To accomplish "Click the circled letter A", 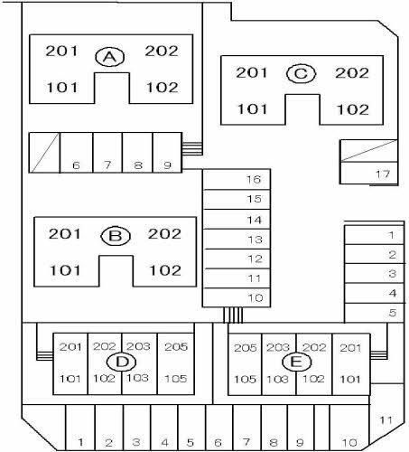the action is click(110, 57).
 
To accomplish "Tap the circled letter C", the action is click(301, 74).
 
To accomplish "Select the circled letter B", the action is click(116, 236).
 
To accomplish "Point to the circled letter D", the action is click(122, 362).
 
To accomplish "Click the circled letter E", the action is click(296, 362).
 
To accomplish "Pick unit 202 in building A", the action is click(162, 51).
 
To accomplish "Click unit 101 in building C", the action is click(252, 109).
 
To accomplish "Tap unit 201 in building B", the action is click(64, 234).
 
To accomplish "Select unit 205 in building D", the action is click(176, 347).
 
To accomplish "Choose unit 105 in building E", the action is click(245, 379).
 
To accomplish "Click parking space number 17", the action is click(383, 174).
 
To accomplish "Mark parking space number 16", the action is click(254, 179).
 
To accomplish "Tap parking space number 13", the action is click(255, 240).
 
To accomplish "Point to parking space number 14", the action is click(255, 220).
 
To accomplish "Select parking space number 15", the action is click(254, 199).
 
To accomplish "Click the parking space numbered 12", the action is click(255, 259).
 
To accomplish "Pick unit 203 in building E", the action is click(278, 347).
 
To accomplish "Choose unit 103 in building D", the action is click(137, 378).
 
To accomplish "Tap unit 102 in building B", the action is click(165, 270).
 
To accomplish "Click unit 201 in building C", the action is click(251, 72).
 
